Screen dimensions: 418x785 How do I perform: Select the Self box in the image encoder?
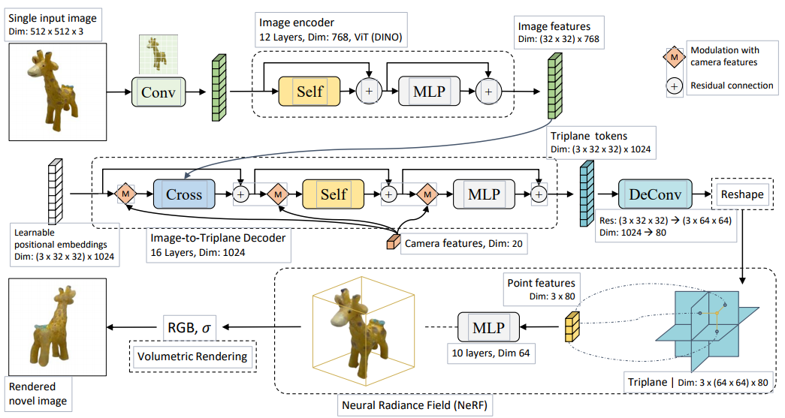click(309, 92)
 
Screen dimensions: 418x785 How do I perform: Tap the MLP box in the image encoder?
click(428, 92)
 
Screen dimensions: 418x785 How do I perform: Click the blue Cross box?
click(184, 194)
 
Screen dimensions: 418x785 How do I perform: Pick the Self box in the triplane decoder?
click(333, 194)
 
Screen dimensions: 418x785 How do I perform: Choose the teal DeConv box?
click(656, 194)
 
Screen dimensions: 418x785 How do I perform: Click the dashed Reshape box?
click(741, 194)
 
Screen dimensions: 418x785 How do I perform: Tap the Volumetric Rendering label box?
click(192, 356)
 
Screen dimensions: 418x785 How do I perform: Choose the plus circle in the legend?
click(675, 86)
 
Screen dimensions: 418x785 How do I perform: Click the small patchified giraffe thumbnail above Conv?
click(158, 53)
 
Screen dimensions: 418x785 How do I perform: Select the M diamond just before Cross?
click(125, 194)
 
